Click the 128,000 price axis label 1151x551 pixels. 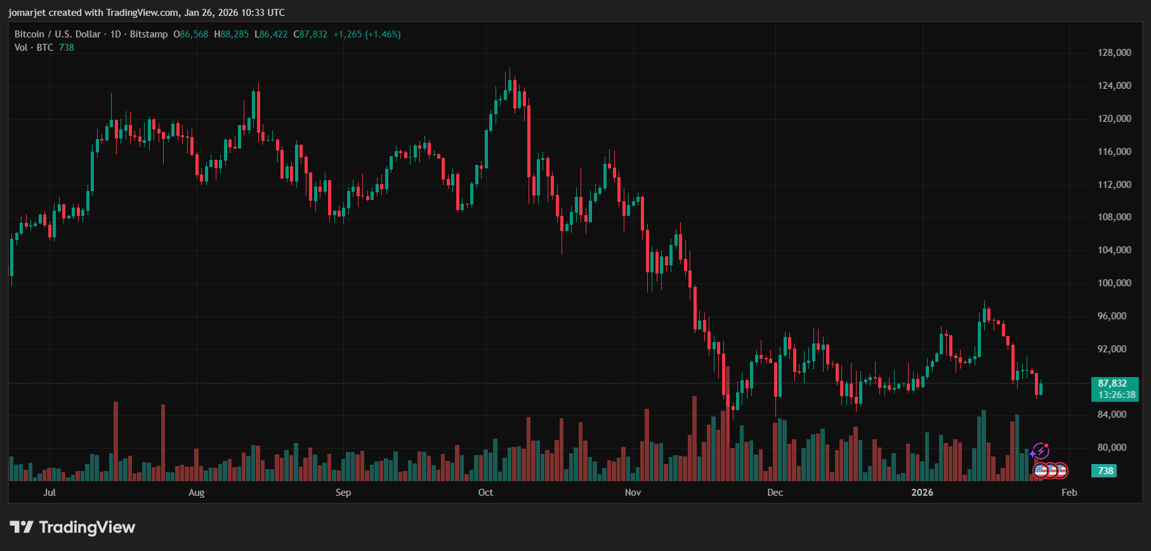click(1114, 53)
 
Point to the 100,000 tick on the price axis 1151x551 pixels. click(1114, 283)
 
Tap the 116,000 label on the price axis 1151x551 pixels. click(1114, 152)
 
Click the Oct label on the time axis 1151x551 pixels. click(485, 493)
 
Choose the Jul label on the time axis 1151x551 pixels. click(49, 493)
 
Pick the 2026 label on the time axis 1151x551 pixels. click(922, 493)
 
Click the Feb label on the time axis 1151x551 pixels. click(1069, 493)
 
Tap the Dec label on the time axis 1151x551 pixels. click(775, 493)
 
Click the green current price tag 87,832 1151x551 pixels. click(1112, 383)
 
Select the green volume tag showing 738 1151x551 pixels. click(1105, 471)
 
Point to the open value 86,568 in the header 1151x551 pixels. click(194, 34)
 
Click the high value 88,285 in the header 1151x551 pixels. click(234, 34)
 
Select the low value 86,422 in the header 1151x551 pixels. click(273, 34)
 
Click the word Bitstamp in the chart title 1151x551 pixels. click(148, 34)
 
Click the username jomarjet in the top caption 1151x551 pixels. click(27, 13)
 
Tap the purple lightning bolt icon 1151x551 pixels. click(1040, 451)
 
